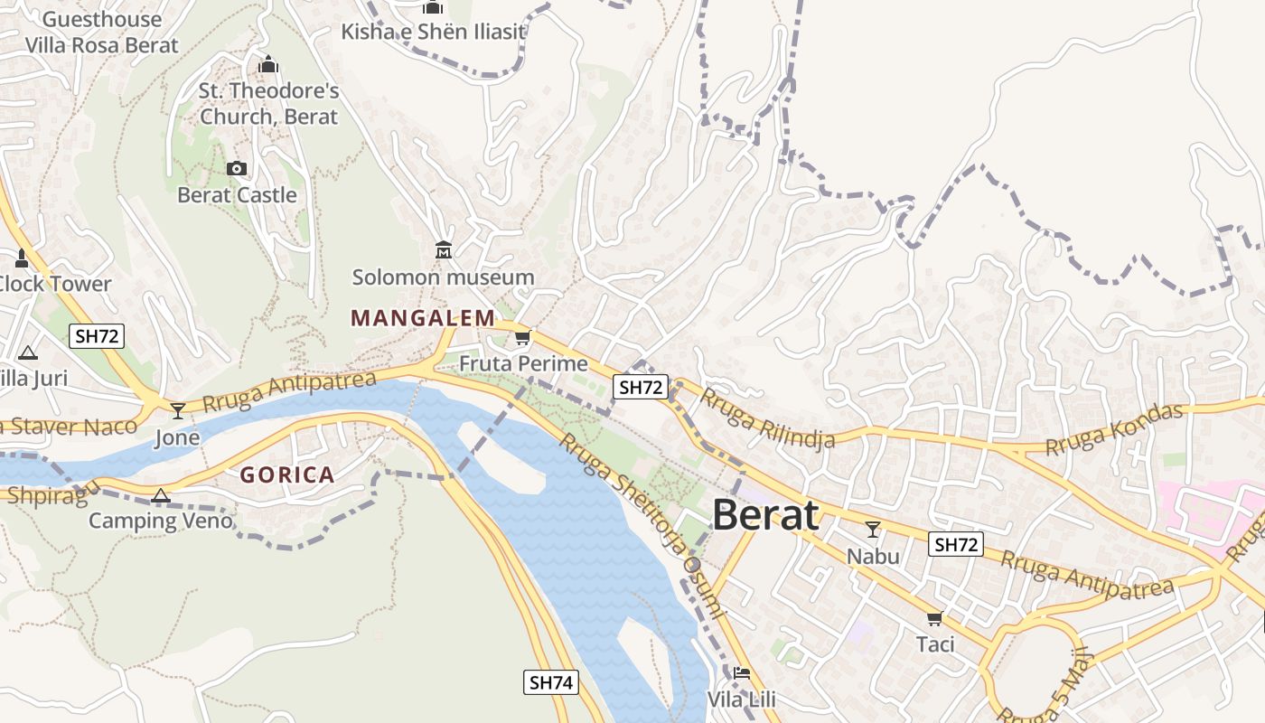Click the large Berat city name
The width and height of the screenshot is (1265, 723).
tap(765, 515)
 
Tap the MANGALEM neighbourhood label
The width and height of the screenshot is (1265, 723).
tap(423, 318)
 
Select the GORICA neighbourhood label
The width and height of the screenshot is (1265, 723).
tap(287, 475)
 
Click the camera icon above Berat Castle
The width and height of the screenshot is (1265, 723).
tap(237, 168)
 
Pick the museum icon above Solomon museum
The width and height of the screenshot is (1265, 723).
tap(444, 249)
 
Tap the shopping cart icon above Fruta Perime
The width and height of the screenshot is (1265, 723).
tap(522, 338)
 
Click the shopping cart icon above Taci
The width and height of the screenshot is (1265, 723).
tap(935, 618)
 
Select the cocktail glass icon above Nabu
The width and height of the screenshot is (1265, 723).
tap(873, 530)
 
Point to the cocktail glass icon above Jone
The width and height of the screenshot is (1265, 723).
tap(178, 411)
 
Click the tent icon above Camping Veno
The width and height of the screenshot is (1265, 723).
tap(161, 495)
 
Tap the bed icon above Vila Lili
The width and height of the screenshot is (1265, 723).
tap(742, 672)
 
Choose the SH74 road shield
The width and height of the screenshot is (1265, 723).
tap(551, 682)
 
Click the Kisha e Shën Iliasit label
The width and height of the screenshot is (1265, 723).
tap(433, 33)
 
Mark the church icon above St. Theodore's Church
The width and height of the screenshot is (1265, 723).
tap(268, 65)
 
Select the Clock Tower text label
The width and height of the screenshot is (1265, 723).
tap(54, 284)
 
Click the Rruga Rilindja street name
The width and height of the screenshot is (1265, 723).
tap(767, 418)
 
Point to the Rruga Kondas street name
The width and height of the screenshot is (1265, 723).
tap(1113, 430)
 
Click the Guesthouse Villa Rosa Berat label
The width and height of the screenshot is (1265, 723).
tap(101, 32)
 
